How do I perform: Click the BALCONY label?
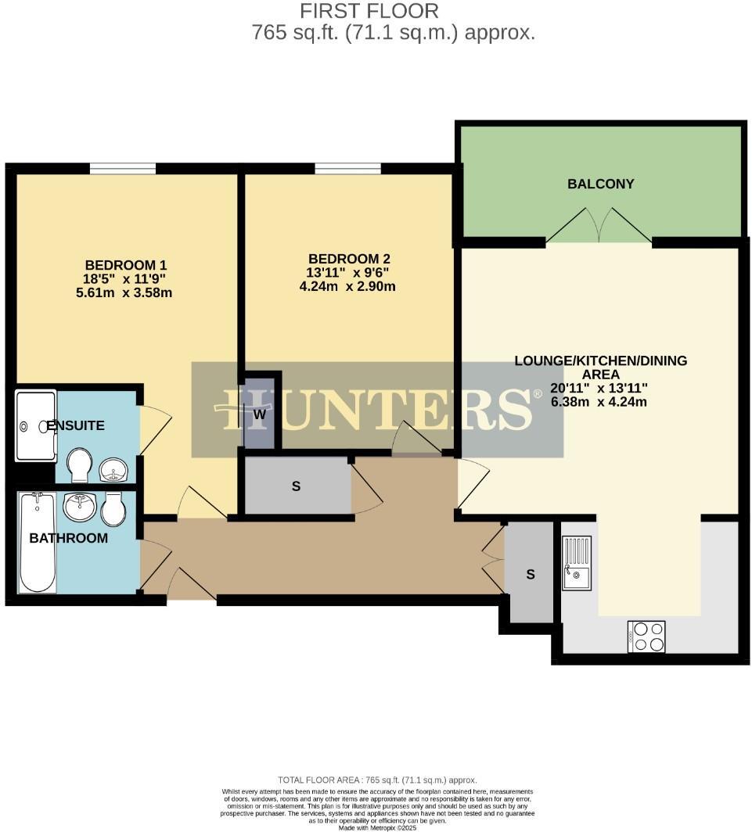click(600, 184)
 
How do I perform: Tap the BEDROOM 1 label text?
click(125, 264)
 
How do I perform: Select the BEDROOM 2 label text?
click(349, 259)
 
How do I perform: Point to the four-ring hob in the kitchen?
click(646, 636)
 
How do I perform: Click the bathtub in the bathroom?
click(37, 542)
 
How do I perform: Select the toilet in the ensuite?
click(79, 465)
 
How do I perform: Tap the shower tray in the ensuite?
click(36, 425)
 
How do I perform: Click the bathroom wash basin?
click(79, 507)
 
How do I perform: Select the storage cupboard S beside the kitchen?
click(530, 574)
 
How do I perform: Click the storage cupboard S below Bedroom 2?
click(297, 486)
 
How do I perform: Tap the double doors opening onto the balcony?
click(599, 226)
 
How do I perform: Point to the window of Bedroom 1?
click(123, 167)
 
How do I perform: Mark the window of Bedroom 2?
click(348, 167)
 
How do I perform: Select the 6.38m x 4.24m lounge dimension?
click(600, 402)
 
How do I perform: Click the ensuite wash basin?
click(114, 471)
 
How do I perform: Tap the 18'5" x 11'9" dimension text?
click(125, 279)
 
